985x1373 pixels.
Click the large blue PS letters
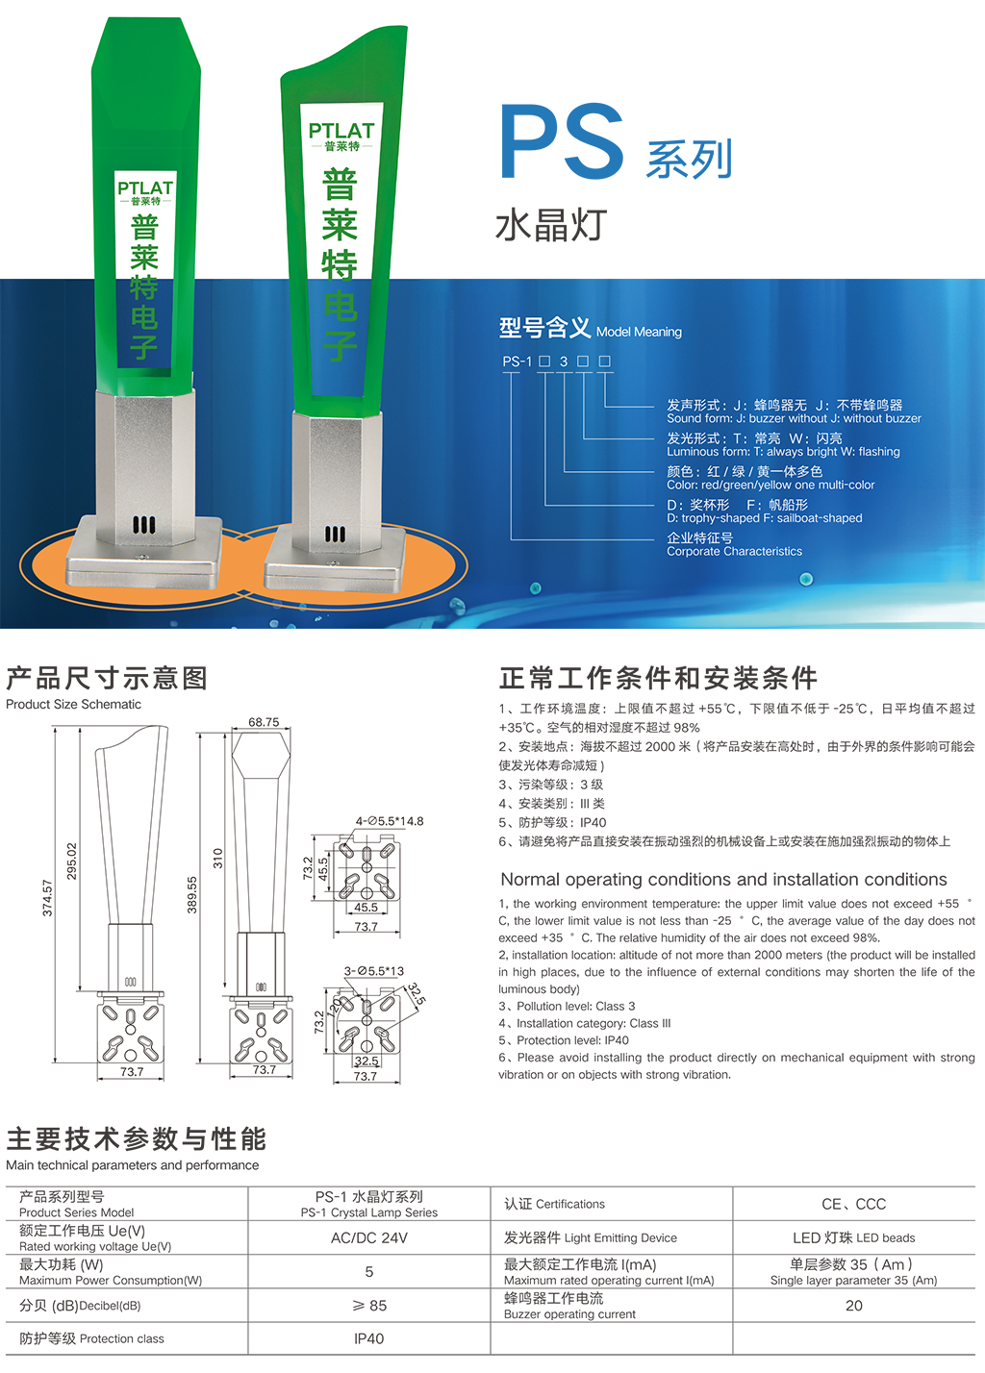562,141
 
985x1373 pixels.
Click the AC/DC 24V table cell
368,1238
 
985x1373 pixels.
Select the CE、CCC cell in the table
854,1205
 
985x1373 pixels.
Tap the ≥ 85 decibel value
369,1306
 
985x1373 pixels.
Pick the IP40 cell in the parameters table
368,1338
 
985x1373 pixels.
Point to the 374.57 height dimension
47,898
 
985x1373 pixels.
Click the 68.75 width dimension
264,722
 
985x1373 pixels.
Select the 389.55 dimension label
192,895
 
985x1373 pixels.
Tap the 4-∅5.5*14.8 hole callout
390,821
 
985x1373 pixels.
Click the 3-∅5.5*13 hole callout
373,971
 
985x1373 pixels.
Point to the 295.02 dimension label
72,861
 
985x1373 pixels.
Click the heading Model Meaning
639,332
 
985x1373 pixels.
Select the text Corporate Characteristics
734,551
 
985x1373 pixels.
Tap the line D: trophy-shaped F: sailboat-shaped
764,518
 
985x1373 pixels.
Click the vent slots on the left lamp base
144,525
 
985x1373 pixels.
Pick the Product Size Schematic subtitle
73,704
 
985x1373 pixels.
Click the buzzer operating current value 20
854,1306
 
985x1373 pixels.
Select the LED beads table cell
854,1238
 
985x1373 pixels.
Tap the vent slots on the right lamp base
335,535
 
